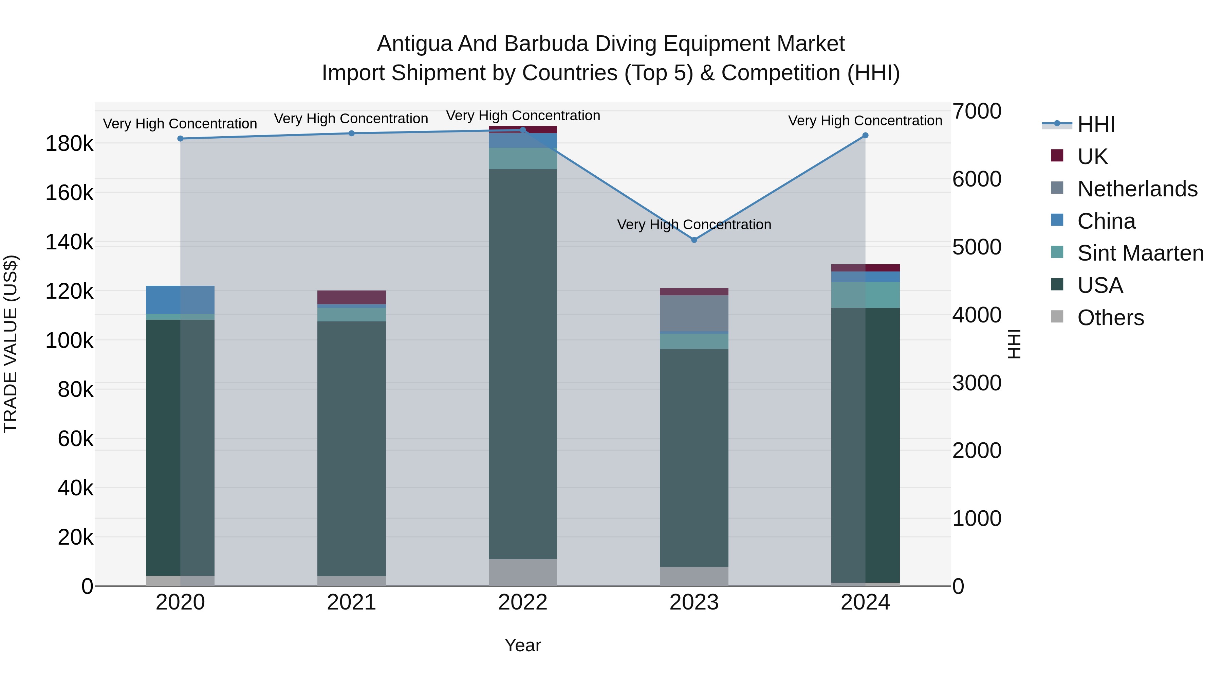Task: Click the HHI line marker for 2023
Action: click(694, 240)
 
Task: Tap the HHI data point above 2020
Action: click(180, 139)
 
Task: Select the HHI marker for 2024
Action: click(865, 135)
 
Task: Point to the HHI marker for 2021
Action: click(352, 134)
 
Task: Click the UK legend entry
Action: click(1092, 156)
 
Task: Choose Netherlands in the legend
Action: click(1137, 189)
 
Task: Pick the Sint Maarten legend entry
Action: click(1140, 253)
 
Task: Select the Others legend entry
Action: click(1110, 318)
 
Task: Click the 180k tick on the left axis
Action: click(69, 143)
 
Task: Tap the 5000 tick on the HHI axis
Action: click(977, 247)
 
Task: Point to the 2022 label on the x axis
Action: click(523, 602)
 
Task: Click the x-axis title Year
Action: click(523, 645)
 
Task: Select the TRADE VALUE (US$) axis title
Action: click(11, 344)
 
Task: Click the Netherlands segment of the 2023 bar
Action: click(694, 313)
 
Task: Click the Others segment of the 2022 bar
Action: click(523, 572)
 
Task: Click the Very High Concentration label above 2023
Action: click(694, 225)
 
